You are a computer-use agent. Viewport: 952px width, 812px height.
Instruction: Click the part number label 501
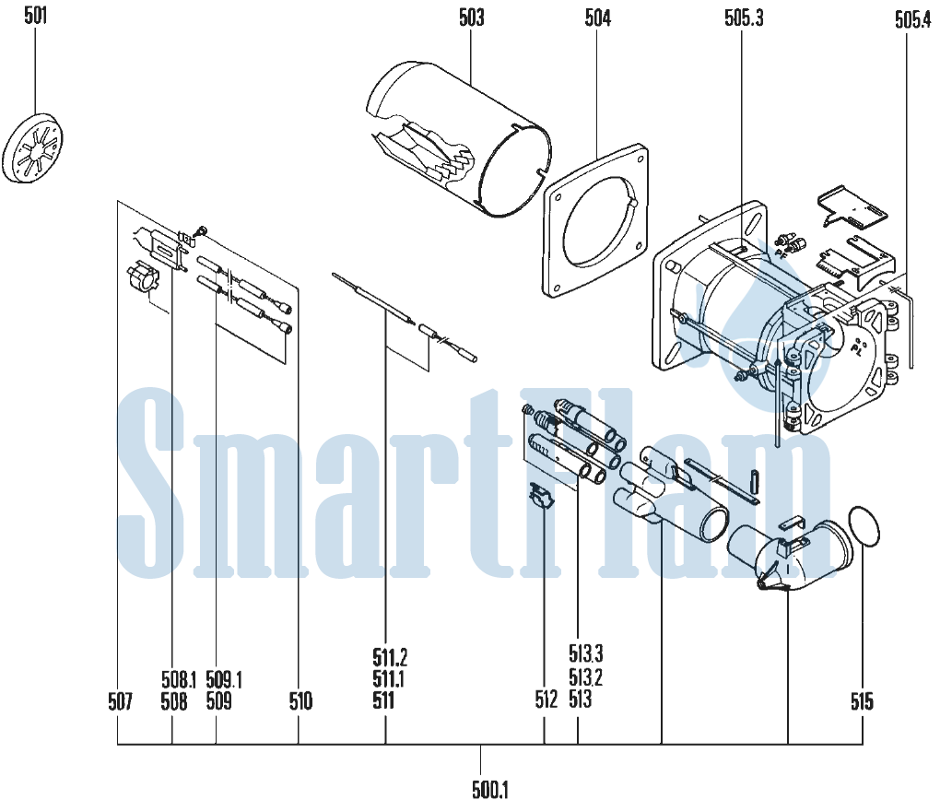point(35,16)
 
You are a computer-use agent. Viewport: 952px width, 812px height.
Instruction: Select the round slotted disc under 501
point(33,147)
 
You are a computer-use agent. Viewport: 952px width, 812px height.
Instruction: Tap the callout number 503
point(471,18)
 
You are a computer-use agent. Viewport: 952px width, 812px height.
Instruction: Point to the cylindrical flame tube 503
point(460,139)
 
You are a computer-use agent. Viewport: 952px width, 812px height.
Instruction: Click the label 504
point(597,18)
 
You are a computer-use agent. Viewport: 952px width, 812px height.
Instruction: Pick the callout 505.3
point(743,18)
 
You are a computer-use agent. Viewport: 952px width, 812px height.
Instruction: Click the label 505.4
point(912,20)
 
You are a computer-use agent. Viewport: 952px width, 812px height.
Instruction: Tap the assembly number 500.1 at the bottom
point(490,790)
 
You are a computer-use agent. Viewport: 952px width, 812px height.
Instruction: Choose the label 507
point(120,701)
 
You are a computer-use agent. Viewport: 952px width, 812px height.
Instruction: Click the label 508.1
point(179,679)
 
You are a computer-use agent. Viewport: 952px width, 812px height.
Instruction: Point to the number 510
point(300,701)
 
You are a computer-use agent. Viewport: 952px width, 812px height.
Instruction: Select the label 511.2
point(390,657)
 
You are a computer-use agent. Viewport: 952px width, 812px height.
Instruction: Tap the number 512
point(546,700)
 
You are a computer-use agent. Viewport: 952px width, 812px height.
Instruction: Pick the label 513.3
point(586,653)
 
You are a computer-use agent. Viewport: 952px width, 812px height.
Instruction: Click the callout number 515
point(862,701)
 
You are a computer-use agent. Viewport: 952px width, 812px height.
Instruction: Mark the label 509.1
point(223,679)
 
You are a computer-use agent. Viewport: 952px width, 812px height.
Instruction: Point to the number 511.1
point(389,678)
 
